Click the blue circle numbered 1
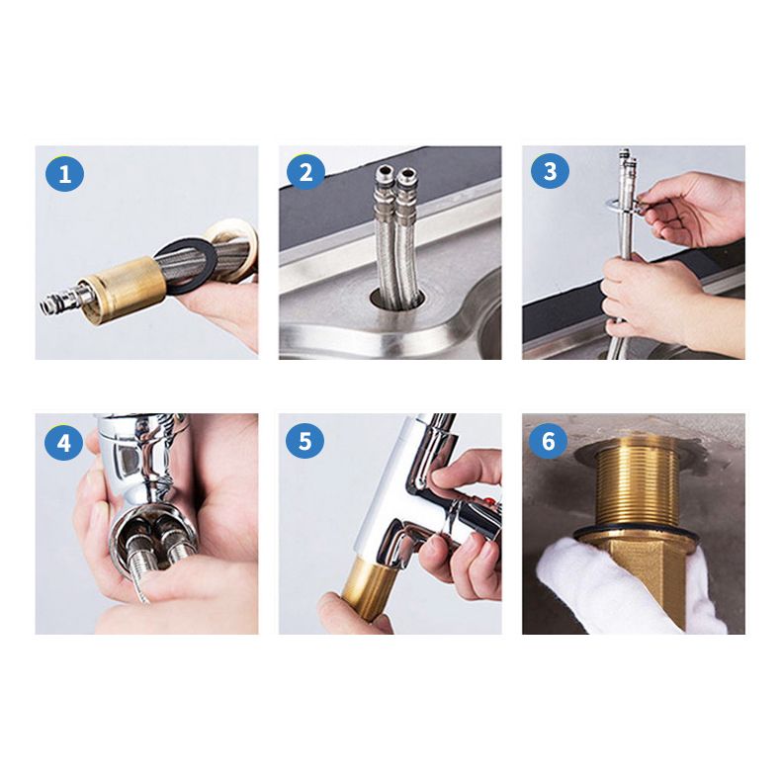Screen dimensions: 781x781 click(65, 176)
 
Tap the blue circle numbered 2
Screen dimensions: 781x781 click(305, 173)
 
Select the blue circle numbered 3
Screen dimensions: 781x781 click(550, 172)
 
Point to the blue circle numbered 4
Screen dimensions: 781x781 click(64, 442)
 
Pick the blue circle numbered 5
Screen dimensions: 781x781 click(305, 441)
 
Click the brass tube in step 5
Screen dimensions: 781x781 click(365, 588)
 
